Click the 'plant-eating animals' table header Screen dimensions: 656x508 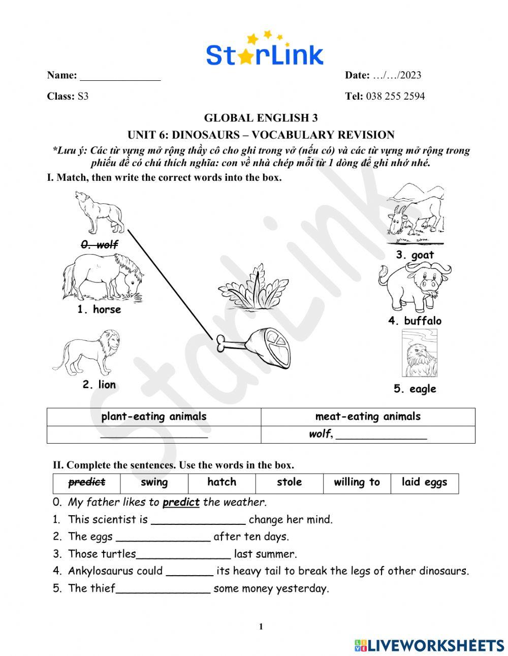coord(154,417)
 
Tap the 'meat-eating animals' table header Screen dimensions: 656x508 coord(368,417)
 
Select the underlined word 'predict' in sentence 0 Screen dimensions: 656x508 coord(181,503)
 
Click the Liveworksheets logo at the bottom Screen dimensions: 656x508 coord(429,645)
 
